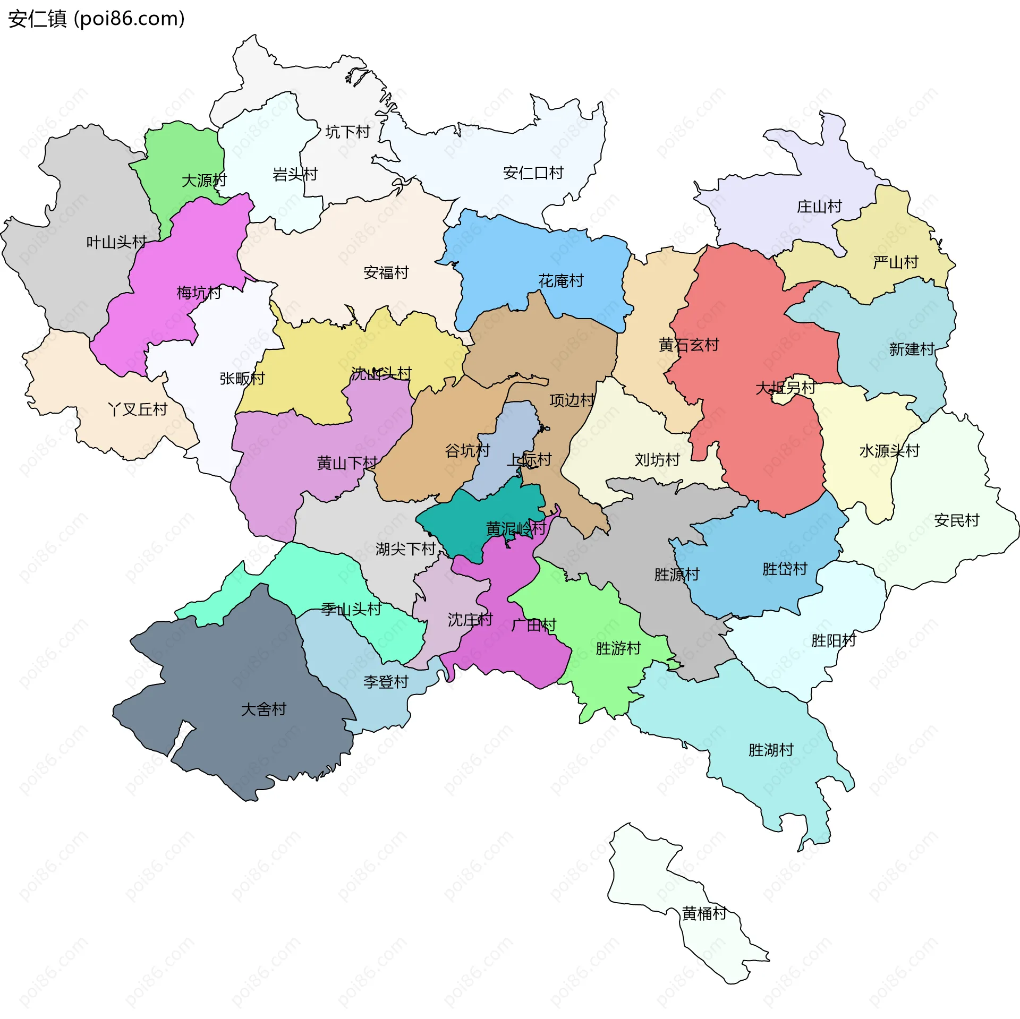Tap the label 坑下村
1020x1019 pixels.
[347, 132]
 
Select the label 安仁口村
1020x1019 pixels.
[533, 173]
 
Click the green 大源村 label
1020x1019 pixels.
[204, 181]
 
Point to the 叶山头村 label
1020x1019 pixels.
[116, 242]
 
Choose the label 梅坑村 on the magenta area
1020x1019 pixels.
[199, 293]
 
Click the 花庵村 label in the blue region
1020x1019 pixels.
[561, 280]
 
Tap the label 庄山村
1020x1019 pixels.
[819, 206]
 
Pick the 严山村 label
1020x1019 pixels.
[896, 262]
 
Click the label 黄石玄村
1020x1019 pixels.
[688, 345]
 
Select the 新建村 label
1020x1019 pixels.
[912, 349]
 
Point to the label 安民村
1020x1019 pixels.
[956, 520]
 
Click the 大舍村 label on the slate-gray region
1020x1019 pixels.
[263, 709]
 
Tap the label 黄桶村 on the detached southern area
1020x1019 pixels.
[704, 913]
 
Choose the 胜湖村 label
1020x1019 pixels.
[771, 750]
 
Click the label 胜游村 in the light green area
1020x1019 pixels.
[618, 648]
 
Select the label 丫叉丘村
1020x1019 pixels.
[138, 409]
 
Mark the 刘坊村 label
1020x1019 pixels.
[657, 459]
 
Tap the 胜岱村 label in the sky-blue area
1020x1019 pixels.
[785, 569]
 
